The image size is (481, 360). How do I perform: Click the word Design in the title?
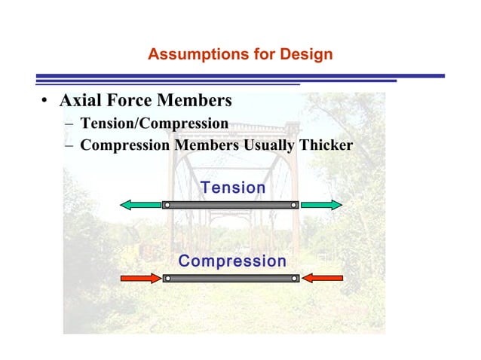tap(307, 55)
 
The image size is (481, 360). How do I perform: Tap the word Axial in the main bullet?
tap(81, 100)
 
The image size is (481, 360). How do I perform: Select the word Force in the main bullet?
tap(133, 100)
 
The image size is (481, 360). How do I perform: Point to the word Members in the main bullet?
tap(197, 100)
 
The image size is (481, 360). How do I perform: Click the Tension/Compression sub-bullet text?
tap(154, 123)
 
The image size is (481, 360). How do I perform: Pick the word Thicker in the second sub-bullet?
tap(326, 145)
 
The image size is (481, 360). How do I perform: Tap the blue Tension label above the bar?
tap(233, 188)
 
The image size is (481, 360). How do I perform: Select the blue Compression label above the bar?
tap(232, 261)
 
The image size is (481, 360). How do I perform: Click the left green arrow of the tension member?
tap(141, 205)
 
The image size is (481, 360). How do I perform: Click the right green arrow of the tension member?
tap(321, 205)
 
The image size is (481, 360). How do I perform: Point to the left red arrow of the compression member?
tap(141, 278)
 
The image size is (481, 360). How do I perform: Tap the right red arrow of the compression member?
tap(323, 278)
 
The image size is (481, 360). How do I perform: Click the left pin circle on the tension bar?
tap(167, 205)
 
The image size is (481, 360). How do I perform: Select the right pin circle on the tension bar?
tap(293, 205)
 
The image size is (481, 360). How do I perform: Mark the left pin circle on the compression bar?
tap(167, 278)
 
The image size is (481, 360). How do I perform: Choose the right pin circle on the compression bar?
tap(294, 278)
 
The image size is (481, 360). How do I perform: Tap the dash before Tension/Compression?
tap(69, 124)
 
